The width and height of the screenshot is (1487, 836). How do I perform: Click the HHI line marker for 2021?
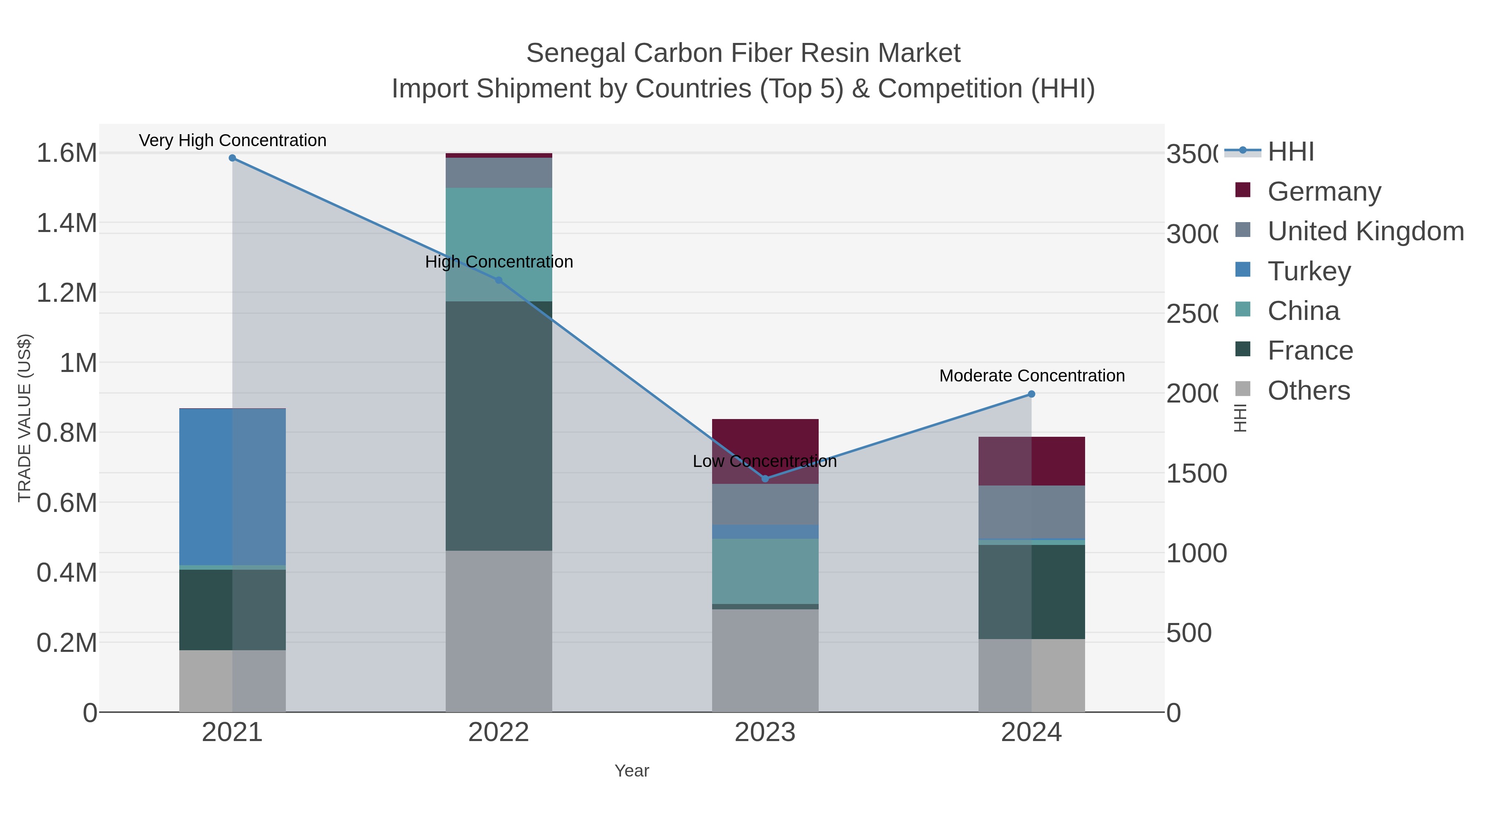232,158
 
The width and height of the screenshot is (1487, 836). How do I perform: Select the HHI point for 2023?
765,479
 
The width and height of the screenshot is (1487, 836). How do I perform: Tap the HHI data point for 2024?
1031,394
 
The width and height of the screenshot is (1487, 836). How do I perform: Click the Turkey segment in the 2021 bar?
232,486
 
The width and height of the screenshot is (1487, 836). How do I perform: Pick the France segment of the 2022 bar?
499,426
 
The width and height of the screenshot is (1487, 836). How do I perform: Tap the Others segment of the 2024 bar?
1031,675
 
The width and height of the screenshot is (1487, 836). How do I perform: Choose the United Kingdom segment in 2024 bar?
1031,512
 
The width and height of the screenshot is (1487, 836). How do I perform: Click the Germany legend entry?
1324,191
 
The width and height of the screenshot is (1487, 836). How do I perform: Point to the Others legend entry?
1308,391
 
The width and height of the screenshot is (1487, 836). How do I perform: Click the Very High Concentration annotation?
233,141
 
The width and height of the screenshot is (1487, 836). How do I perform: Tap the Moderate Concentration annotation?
1031,376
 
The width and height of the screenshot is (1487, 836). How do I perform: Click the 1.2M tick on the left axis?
67,293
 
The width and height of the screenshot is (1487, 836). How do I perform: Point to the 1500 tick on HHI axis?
1196,474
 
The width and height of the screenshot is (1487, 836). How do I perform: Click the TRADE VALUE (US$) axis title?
24,418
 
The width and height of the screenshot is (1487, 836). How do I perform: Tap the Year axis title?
632,771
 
